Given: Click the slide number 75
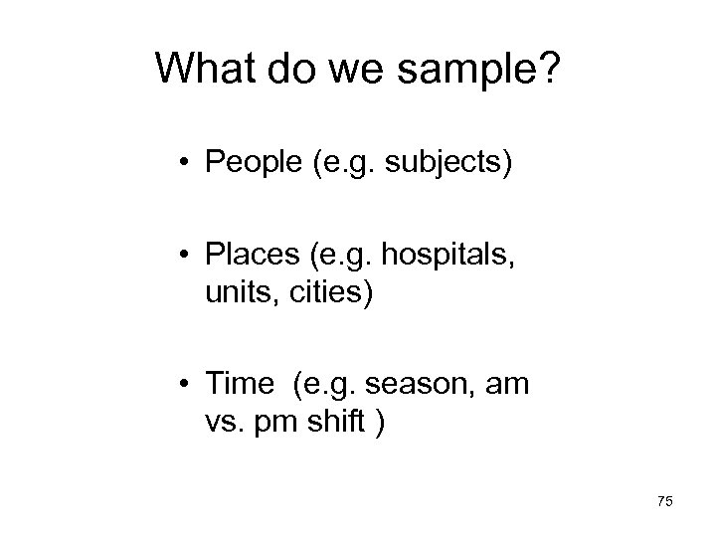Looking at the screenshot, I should [664, 503].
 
